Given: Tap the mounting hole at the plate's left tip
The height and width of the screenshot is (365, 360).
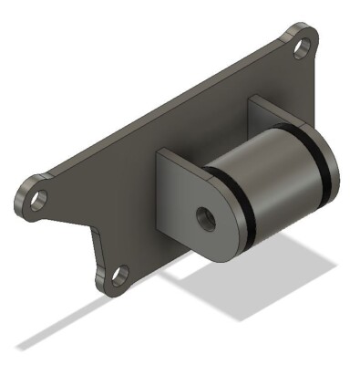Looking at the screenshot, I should [37, 200].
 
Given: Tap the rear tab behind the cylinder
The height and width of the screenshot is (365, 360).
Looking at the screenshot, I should [264, 114].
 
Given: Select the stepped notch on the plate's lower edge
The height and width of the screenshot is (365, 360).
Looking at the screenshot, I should [94, 239].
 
